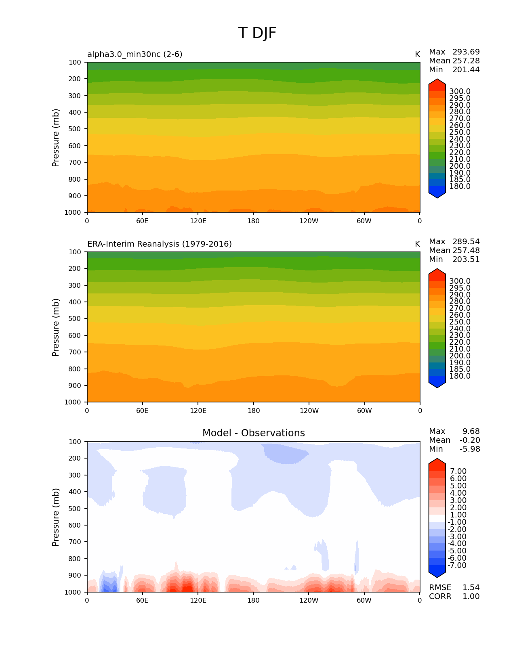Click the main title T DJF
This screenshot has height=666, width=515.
click(x=257, y=33)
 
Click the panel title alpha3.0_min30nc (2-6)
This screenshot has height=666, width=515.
click(x=135, y=54)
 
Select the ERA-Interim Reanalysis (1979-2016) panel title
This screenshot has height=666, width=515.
click(x=160, y=244)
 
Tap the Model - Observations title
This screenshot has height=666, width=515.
click(x=253, y=433)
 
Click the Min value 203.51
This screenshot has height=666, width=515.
click(x=466, y=259)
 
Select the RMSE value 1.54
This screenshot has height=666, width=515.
click(x=471, y=587)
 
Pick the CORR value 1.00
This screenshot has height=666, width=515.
click(x=471, y=596)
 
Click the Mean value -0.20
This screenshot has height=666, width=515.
click(x=470, y=440)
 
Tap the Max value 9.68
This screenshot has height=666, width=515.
click(x=471, y=431)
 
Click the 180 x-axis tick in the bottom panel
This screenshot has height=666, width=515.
click(x=253, y=600)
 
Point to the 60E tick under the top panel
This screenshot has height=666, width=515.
click(x=142, y=221)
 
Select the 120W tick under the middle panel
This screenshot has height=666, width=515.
click(x=309, y=410)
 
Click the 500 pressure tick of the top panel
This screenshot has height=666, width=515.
click(x=75, y=129)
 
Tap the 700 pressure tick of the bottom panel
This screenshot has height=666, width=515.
click(x=75, y=542)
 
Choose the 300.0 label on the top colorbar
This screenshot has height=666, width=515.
click(x=460, y=92)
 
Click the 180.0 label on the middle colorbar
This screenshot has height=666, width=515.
click(x=460, y=376)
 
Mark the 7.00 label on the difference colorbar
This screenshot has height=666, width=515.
click(x=458, y=471)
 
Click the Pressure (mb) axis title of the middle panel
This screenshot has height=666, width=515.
click(x=56, y=327)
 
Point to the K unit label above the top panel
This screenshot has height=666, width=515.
click(x=417, y=54)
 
